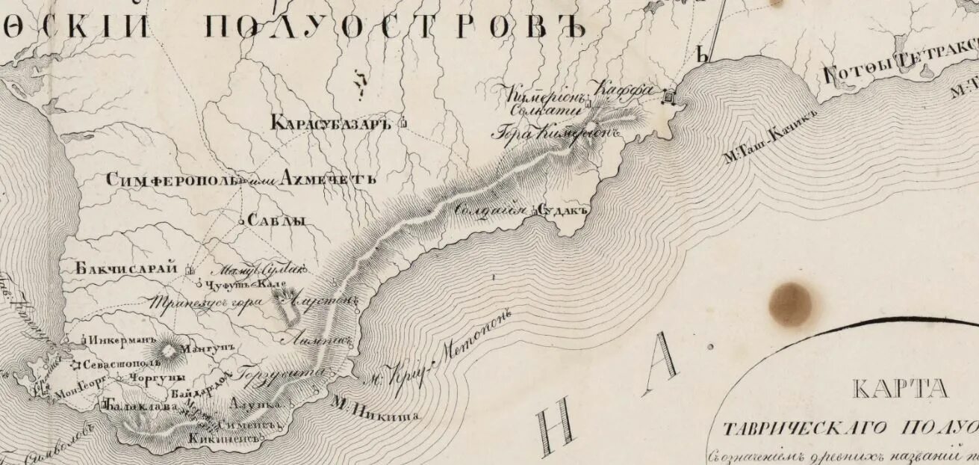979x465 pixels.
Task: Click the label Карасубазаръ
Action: pyautogui.click(x=331, y=123)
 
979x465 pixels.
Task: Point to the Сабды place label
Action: pyautogui.click(x=276, y=221)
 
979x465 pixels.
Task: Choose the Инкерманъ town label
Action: pyautogui.click(x=120, y=339)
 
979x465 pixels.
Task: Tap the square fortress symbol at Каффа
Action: pyautogui.click(x=669, y=96)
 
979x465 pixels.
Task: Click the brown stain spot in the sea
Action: pyautogui.click(x=790, y=304)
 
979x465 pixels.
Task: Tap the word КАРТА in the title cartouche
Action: pyautogui.click(x=900, y=389)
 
